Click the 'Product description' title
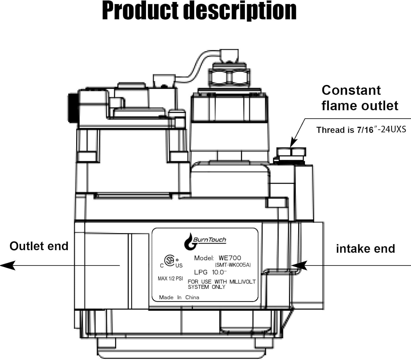[x=199, y=11]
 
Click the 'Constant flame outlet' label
[x=359, y=98]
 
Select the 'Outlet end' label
[x=39, y=246]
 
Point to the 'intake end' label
[x=365, y=249]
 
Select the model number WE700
[x=230, y=258]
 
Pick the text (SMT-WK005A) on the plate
[x=233, y=265]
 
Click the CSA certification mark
[x=170, y=261]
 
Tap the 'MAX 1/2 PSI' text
[x=170, y=279]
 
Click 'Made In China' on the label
[x=179, y=298]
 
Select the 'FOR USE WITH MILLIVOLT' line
[x=221, y=282]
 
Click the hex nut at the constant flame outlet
[x=291, y=152]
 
